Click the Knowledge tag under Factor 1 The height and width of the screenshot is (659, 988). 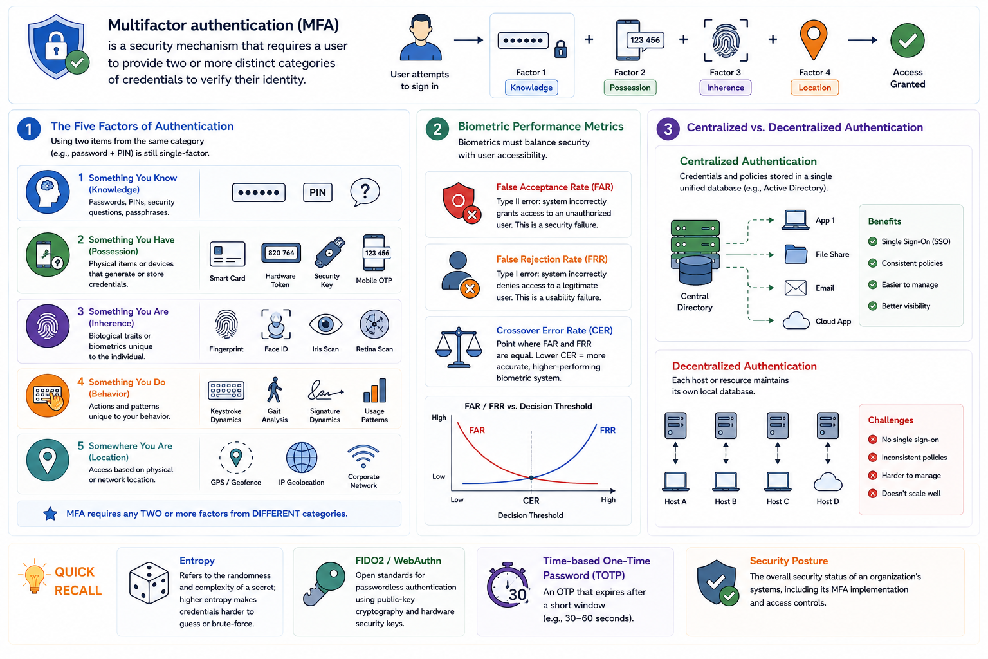pyautogui.click(x=531, y=88)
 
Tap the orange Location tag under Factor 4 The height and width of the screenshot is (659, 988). pyautogui.click(x=814, y=88)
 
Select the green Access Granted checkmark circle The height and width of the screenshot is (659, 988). pyautogui.click(x=908, y=40)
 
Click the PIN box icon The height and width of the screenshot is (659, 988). pyautogui.click(x=318, y=192)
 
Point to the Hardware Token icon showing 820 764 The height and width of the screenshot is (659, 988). pyautogui.click(x=281, y=253)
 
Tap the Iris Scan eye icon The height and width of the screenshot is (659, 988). pyautogui.click(x=325, y=325)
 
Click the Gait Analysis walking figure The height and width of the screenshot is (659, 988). pyautogui.click(x=275, y=390)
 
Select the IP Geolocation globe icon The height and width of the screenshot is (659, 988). pyautogui.click(x=302, y=458)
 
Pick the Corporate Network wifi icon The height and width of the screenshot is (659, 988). pyautogui.click(x=363, y=456)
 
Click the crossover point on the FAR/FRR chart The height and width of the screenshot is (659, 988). pyautogui.click(x=531, y=478)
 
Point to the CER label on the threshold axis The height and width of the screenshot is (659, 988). pyautogui.click(x=531, y=501)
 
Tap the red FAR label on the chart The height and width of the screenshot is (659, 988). pyautogui.click(x=477, y=430)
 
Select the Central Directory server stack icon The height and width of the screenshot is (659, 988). pyautogui.click(x=695, y=252)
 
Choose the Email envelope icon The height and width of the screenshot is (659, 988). pyautogui.click(x=795, y=288)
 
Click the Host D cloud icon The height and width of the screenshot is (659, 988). pyautogui.click(x=827, y=481)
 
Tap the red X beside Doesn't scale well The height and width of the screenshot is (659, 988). pyautogui.click(x=872, y=494)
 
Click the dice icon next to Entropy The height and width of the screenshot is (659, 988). pyautogui.click(x=149, y=583)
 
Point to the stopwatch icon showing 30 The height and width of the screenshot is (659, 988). pyautogui.click(x=508, y=584)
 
